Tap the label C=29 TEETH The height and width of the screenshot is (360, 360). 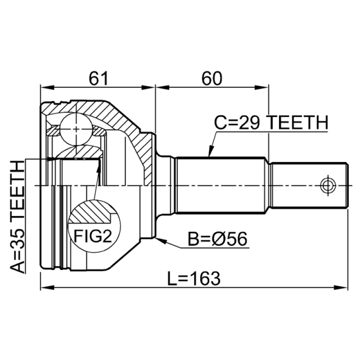click(x=270, y=122)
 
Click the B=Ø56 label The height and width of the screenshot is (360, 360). click(x=217, y=239)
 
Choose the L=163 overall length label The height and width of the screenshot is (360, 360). click(x=194, y=279)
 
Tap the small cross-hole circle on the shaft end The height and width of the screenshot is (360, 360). click(x=327, y=184)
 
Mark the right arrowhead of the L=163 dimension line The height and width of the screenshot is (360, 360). click(x=345, y=287)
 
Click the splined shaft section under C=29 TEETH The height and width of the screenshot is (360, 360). click(x=220, y=184)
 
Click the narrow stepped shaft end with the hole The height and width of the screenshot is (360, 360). click(x=310, y=184)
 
